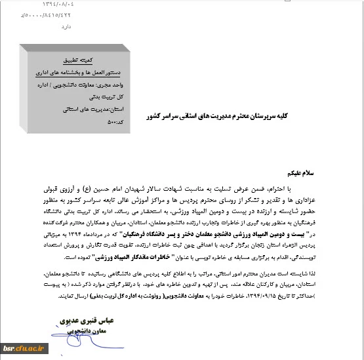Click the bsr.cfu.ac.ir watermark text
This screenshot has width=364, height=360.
click(x=26, y=347)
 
